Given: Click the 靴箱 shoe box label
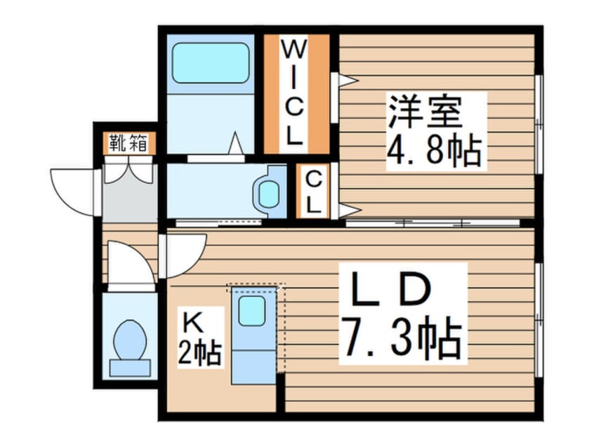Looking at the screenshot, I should tap(128, 143).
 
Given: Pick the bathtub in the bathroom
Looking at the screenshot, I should tap(211, 63).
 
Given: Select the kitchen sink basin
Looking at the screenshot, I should tap(251, 310).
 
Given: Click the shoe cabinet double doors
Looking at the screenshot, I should tap(128, 171).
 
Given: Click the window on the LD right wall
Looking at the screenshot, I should tap(539, 319).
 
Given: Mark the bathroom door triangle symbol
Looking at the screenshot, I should tap(235, 145).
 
